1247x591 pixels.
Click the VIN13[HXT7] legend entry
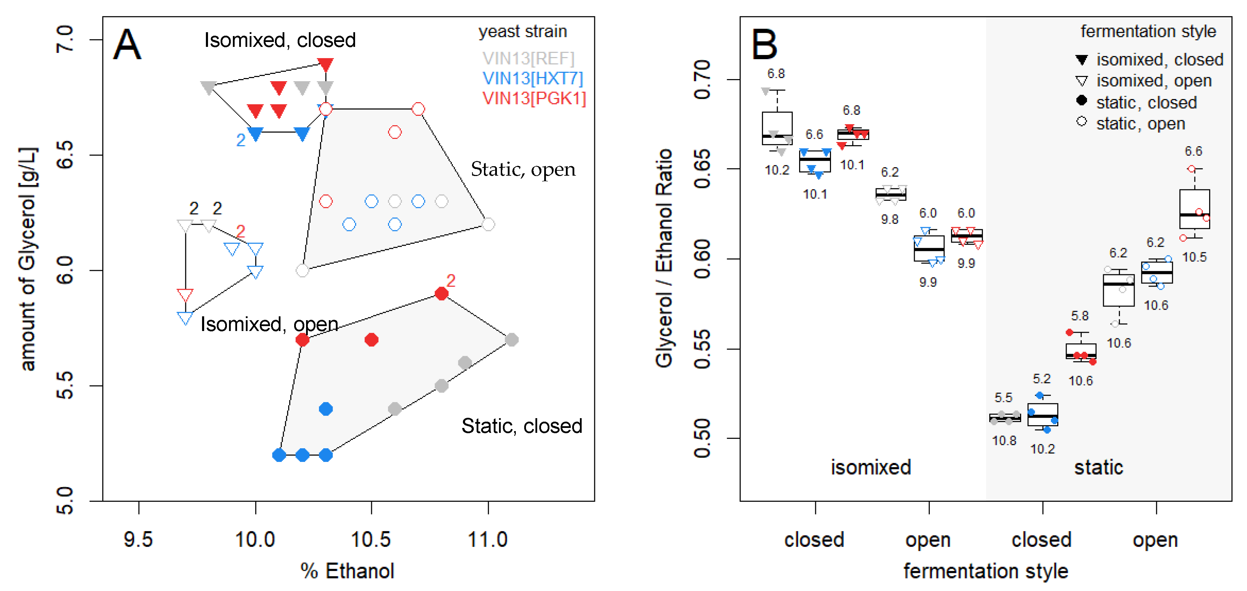(x=533, y=78)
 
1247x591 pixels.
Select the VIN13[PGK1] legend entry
(x=534, y=98)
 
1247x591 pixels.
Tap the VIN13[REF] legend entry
(x=528, y=58)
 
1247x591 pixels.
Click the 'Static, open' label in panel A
(x=523, y=169)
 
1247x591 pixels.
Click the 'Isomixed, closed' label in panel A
(x=280, y=40)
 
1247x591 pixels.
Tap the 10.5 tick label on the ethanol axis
(x=371, y=539)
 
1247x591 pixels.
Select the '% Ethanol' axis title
(x=347, y=571)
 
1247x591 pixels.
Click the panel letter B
(x=764, y=44)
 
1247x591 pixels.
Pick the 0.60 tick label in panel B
(x=702, y=259)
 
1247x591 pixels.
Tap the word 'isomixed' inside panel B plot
(x=871, y=467)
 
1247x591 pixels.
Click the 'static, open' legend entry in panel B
(x=1140, y=124)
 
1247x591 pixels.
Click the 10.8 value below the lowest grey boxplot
(x=1004, y=441)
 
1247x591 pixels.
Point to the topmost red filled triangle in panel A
(x=325, y=64)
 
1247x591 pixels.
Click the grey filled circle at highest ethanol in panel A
(x=511, y=339)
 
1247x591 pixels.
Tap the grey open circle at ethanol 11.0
(x=488, y=224)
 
